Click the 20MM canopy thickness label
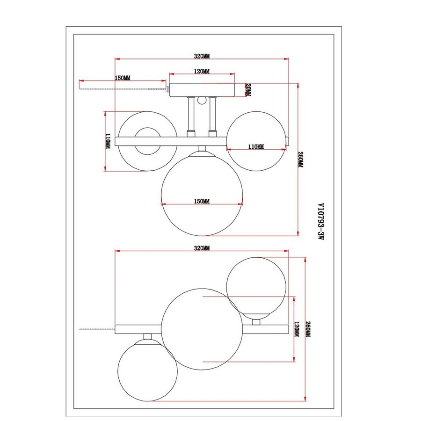pyautogui.click(x=248, y=89)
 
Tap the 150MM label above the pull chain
pyautogui.click(x=123, y=78)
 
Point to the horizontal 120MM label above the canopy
pyautogui.click(x=202, y=72)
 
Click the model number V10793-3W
pyautogui.click(x=320, y=221)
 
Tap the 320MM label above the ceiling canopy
pyautogui.click(x=202, y=56)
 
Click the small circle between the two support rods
pyautogui.click(x=202, y=100)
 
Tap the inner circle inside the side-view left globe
pyautogui.click(x=147, y=141)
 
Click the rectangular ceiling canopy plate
pyautogui.click(x=202, y=89)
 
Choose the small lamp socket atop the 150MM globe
pyautogui.click(x=202, y=149)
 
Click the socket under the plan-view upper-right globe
pyautogui.click(x=256, y=321)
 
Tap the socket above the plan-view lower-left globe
pyautogui.click(x=148, y=335)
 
